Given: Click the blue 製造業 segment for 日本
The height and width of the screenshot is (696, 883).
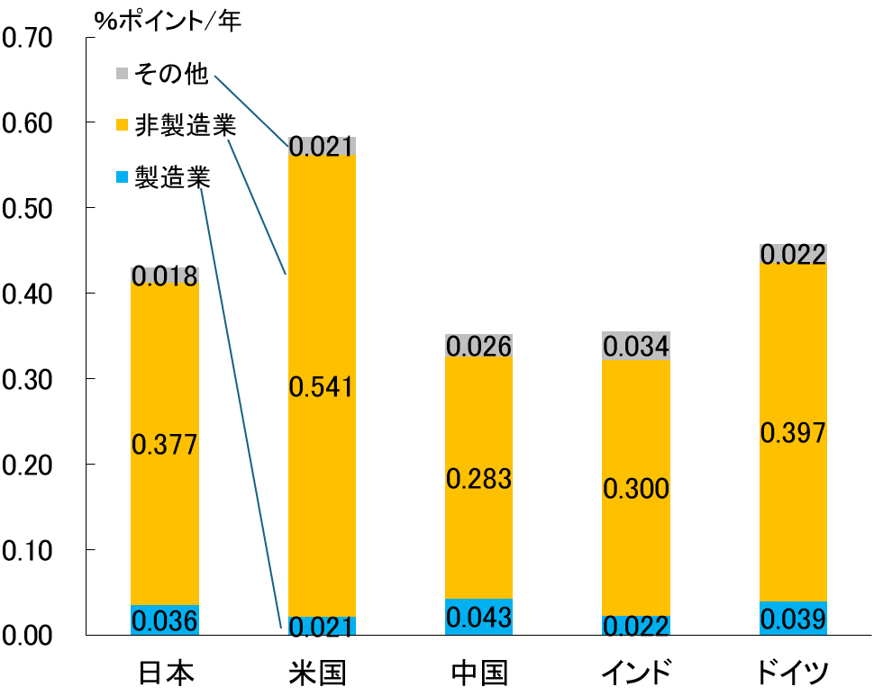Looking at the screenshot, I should pyautogui.click(x=164, y=620).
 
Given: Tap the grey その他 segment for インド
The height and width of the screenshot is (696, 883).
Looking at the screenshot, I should pyautogui.click(x=636, y=346).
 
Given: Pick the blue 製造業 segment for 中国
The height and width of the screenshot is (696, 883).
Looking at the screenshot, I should pyautogui.click(x=478, y=617).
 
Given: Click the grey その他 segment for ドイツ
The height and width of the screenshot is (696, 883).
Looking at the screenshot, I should pyautogui.click(x=793, y=255).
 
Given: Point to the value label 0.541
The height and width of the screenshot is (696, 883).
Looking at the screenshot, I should pyautogui.click(x=322, y=387).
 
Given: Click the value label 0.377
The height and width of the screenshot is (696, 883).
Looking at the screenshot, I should pyautogui.click(x=164, y=444).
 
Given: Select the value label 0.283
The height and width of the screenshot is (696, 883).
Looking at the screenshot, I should pyautogui.click(x=478, y=478).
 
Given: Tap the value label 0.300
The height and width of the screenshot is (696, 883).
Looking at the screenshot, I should pyautogui.click(x=636, y=489).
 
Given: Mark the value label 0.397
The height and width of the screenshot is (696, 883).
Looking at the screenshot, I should pyautogui.click(x=793, y=433).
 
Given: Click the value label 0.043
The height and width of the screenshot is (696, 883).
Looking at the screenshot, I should pyautogui.click(x=478, y=619).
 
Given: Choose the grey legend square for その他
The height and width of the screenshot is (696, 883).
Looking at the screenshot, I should pyautogui.click(x=123, y=74).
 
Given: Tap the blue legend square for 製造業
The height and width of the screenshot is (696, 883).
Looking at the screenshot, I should pyautogui.click(x=123, y=177).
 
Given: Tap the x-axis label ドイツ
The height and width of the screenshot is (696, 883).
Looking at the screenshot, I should pyautogui.click(x=793, y=673).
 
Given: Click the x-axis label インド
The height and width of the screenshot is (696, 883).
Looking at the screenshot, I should pyautogui.click(x=636, y=673).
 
